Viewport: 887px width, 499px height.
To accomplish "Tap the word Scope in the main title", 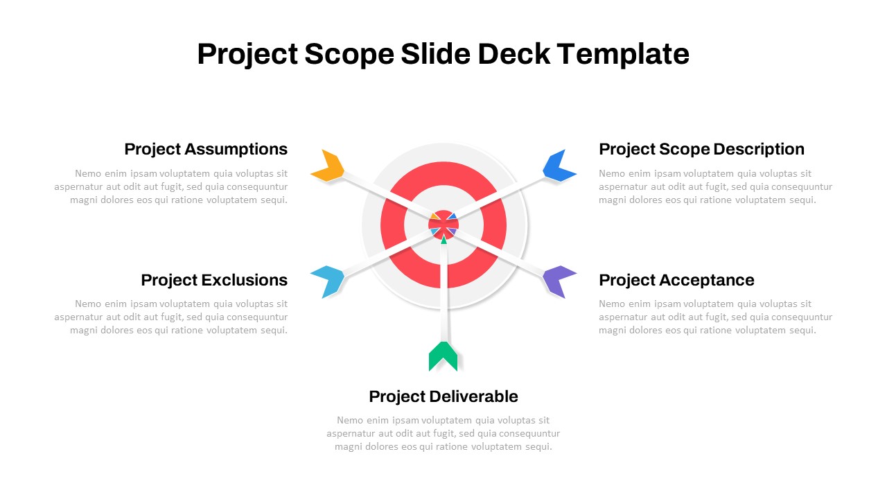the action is click(x=349, y=55).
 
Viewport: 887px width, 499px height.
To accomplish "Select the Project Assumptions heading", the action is click(x=206, y=149).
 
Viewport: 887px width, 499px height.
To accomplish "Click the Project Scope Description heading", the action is click(x=702, y=149).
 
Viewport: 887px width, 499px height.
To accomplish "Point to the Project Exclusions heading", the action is click(x=214, y=280).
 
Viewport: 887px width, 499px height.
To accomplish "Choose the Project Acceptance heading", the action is click(x=676, y=281).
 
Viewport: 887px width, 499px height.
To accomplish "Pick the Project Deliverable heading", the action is click(x=443, y=396).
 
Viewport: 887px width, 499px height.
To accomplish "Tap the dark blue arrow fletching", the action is click(x=558, y=166).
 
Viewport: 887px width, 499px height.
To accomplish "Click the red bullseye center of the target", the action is click(x=443, y=225).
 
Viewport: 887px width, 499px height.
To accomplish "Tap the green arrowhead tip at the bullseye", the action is click(x=443, y=236).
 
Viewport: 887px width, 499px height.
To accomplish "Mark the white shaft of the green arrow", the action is click(x=443, y=292).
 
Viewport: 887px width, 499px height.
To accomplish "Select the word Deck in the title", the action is click(x=513, y=53).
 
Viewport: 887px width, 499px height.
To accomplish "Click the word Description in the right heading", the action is click(x=759, y=149).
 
